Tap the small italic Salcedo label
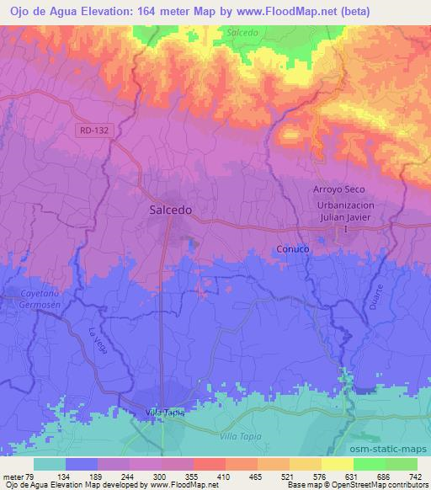(x=242, y=32)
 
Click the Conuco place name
(x=293, y=250)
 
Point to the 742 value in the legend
(x=413, y=476)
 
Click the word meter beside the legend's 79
(x=13, y=476)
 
